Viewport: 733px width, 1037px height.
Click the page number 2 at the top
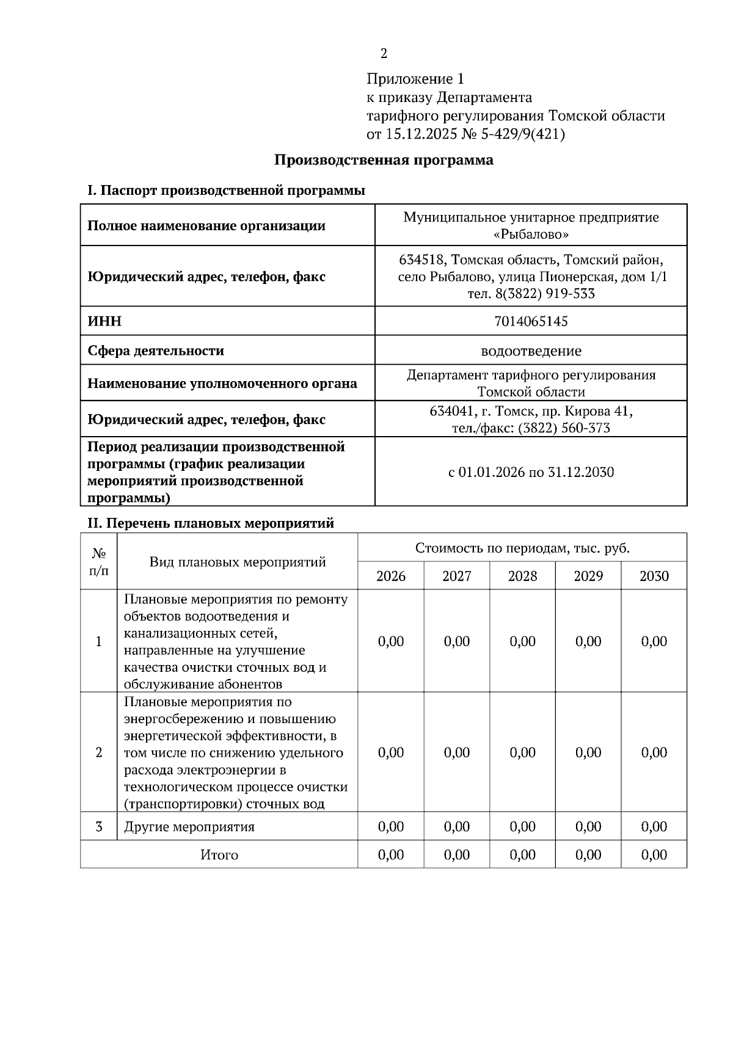click(x=384, y=54)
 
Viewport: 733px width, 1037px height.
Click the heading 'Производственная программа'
click(x=384, y=161)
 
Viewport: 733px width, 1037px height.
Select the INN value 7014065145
click(x=531, y=321)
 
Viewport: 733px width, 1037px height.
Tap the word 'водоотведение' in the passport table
click(x=531, y=351)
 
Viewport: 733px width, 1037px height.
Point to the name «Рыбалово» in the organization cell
click(x=531, y=235)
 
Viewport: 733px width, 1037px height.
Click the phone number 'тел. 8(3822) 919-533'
click(x=531, y=294)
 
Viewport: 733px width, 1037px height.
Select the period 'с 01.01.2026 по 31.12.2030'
click(x=531, y=472)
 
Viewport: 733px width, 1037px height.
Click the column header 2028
click(x=522, y=576)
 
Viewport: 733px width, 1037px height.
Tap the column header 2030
click(x=654, y=576)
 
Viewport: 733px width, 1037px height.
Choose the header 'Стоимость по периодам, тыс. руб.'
click(x=522, y=548)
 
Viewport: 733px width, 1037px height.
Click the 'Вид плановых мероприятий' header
click(x=237, y=562)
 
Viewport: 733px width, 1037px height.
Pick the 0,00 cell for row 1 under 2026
click(x=391, y=641)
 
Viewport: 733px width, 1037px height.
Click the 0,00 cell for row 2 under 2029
click(x=588, y=752)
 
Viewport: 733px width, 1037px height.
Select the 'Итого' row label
click(x=219, y=855)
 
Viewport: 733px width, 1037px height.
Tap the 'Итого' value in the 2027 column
click(x=456, y=855)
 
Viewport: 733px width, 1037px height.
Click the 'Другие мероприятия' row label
click(x=189, y=827)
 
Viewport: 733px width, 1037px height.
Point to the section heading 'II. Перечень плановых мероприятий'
click(x=211, y=523)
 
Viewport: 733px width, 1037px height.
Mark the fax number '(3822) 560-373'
click(x=564, y=429)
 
